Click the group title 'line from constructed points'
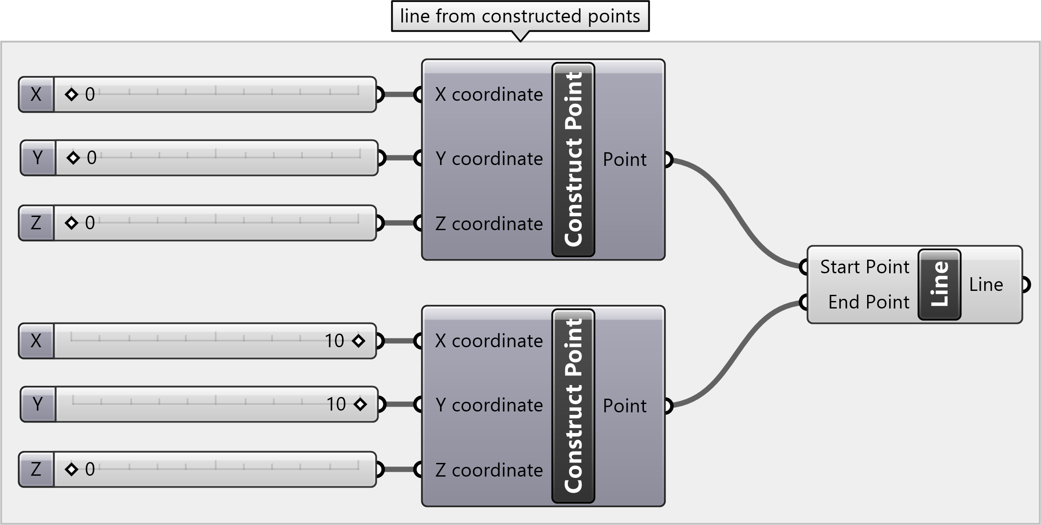click(520, 16)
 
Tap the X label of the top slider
click(36, 95)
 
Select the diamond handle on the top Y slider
click(73, 158)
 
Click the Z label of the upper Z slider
click(36, 223)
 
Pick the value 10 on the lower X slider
click(335, 341)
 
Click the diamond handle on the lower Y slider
click(360, 404)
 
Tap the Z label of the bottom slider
click(36, 470)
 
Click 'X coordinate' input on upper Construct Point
click(489, 95)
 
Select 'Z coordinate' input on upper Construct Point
click(489, 224)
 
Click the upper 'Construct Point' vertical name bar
click(573, 159)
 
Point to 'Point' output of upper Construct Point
click(625, 159)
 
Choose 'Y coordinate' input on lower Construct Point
click(489, 405)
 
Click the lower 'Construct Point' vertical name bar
click(573, 406)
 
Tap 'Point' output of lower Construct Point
click(625, 406)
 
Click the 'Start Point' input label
click(864, 267)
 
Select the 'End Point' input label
click(868, 302)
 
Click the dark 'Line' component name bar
click(939, 284)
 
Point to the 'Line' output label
click(986, 285)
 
